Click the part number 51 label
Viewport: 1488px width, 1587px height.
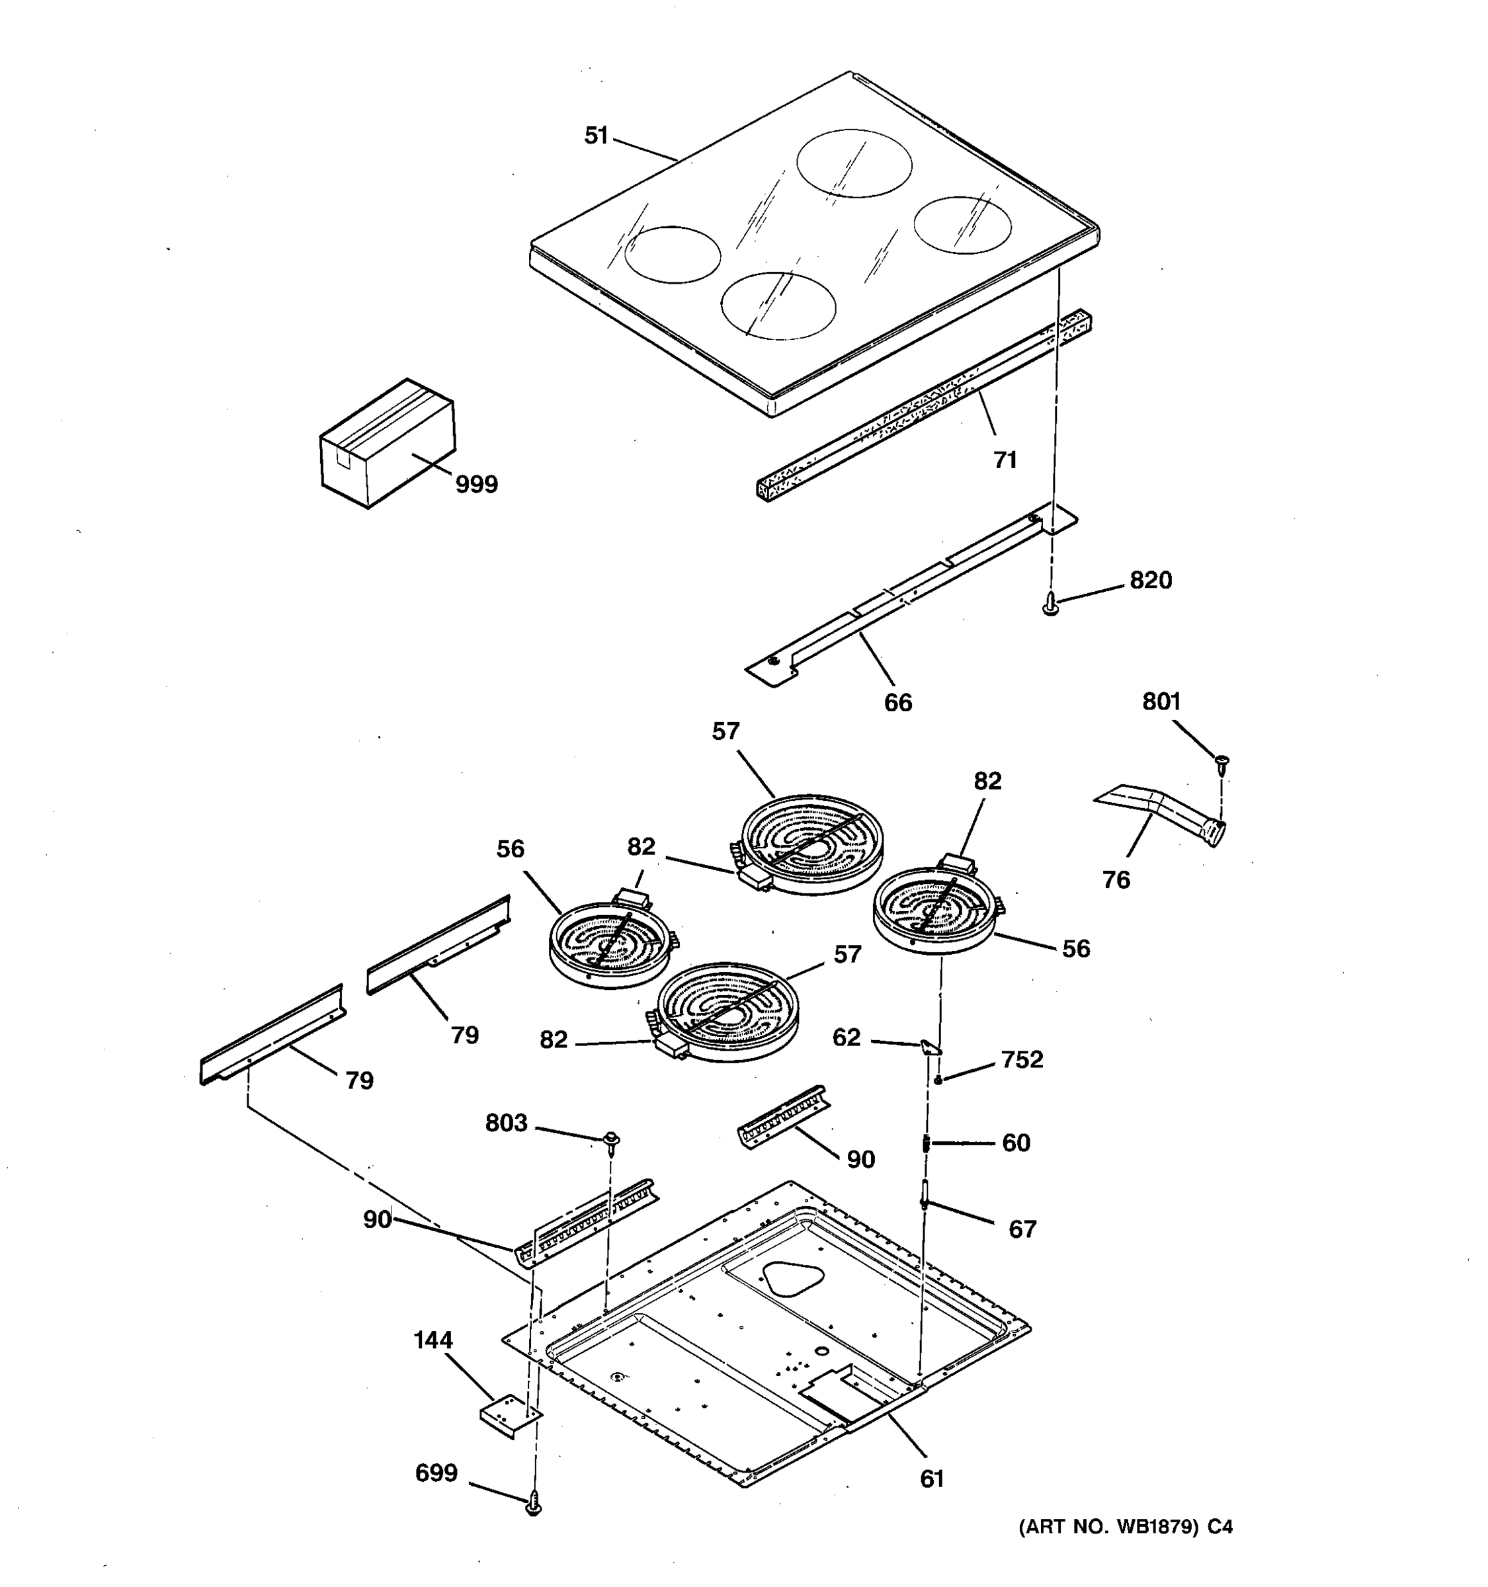597,136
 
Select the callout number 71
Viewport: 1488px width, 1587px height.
1005,460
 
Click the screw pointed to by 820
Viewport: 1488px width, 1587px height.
1052,605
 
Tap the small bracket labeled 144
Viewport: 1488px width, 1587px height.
509,1417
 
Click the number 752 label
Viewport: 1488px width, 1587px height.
1022,1059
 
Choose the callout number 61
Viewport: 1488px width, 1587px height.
932,1479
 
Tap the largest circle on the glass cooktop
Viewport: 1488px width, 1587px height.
854,163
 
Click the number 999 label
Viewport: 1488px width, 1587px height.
477,485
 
